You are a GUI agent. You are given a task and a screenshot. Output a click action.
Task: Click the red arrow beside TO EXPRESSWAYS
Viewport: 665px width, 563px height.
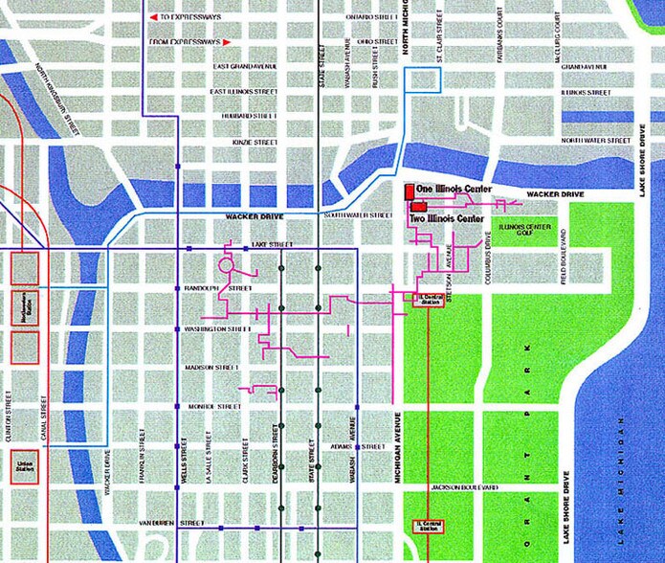click(x=153, y=16)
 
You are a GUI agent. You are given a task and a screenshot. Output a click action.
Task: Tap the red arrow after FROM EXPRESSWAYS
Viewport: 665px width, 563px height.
click(x=227, y=42)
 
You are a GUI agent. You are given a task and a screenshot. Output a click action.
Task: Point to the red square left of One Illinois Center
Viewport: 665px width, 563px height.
click(x=408, y=190)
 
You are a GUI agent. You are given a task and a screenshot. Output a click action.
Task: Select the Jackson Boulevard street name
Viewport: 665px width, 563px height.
click(x=464, y=487)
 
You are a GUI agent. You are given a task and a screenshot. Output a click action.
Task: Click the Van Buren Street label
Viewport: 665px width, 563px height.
click(x=172, y=524)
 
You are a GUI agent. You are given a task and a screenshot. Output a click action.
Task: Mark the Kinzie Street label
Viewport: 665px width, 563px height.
click(x=254, y=143)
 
